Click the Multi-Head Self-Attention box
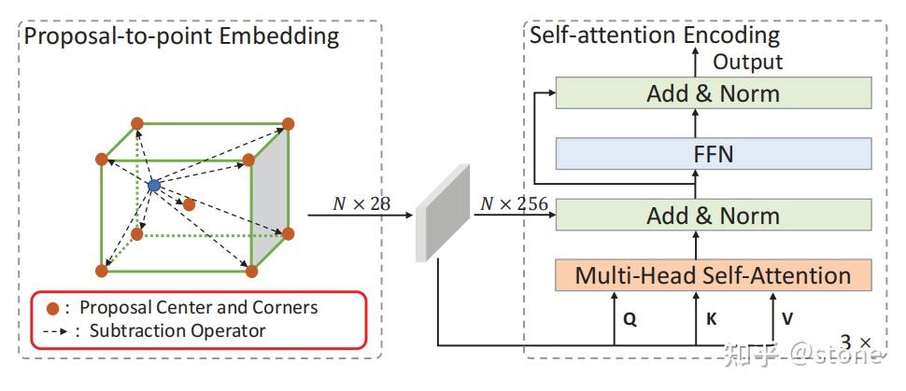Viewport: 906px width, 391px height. point(713,275)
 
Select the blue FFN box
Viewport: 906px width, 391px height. point(713,153)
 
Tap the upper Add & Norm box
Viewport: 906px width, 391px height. point(713,93)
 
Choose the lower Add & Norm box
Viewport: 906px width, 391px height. point(713,215)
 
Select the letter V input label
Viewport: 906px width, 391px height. point(787,318)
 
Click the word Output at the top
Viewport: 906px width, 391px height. point(748,62)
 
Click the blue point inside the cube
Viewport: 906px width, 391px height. point(154,186)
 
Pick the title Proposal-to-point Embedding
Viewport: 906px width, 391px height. point(181,37)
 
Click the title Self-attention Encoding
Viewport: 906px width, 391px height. point(654,35)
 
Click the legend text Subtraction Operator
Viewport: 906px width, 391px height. point(177,330)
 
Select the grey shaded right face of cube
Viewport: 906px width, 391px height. point(270,196)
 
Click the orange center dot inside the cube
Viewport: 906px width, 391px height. point(189,203)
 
